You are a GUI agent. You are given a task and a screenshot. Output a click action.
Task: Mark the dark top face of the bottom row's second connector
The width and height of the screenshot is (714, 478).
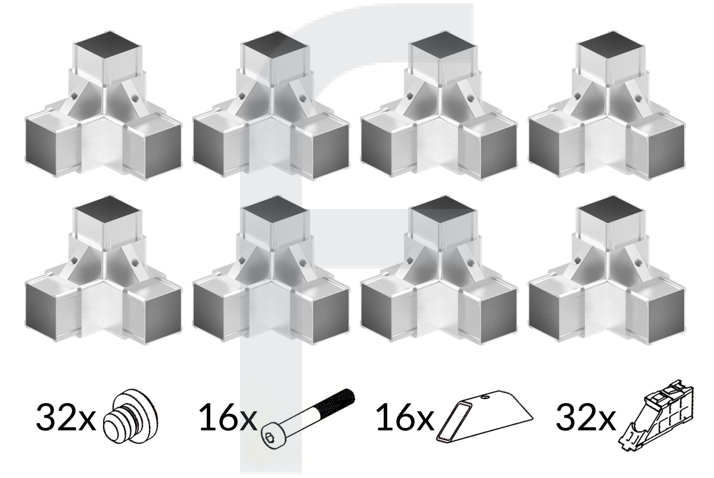click(x=275, y=210)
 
